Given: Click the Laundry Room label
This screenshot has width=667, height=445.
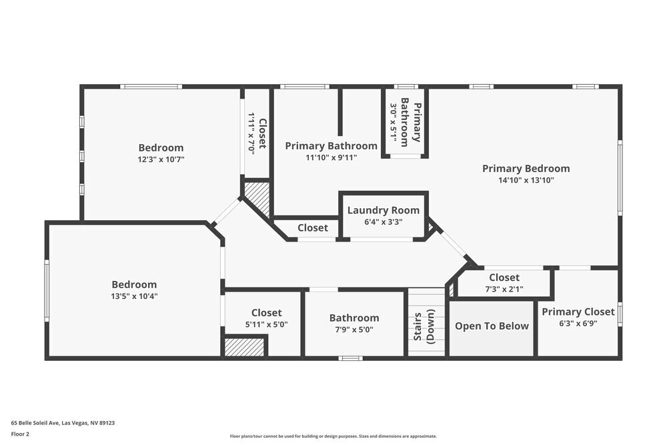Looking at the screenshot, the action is click(384, 210).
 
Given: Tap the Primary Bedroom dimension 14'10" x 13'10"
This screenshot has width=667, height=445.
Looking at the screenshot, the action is click(526, 180).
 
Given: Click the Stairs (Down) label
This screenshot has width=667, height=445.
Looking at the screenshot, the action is click(424, 326).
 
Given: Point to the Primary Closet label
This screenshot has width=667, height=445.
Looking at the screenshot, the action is click(578, 312).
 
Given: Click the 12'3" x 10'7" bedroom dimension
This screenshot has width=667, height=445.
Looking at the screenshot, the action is click(161, 159).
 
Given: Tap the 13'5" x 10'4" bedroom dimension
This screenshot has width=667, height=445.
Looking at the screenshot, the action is click(135, 296).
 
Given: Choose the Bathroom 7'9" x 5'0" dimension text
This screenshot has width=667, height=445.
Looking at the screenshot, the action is click(354, 330).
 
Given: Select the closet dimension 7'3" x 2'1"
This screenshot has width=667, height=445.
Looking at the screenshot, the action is click(504, 290).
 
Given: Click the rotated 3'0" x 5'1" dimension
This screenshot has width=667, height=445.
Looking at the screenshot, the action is click(394, 123).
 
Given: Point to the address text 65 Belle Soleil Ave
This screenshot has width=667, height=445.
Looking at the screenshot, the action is click(35, 423).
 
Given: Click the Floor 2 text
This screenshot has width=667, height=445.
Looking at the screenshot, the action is click(20, 434).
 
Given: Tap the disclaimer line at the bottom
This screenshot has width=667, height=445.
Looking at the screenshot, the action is click(333, 436).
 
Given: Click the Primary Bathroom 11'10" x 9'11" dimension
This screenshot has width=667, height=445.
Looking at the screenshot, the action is click(331, 157).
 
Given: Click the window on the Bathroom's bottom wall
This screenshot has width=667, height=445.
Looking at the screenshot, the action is click(351, 358).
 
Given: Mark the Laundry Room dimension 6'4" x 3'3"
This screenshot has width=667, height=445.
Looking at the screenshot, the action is click(384, 221).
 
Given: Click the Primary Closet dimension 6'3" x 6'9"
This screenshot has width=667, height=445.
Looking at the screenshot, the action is click(578, 324).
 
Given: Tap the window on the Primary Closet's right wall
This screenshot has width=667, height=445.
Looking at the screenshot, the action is click(620, 314).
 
